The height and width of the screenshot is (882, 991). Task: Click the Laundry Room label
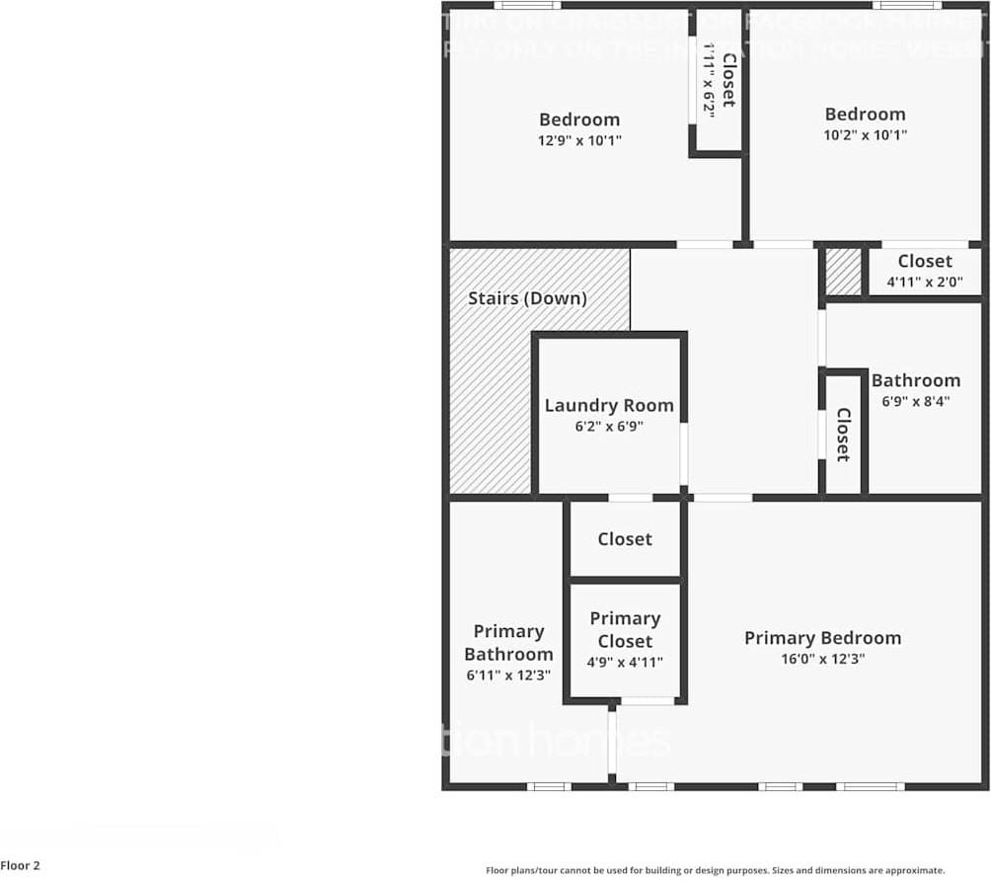[609, 405]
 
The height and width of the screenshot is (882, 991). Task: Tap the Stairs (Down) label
[527, 298]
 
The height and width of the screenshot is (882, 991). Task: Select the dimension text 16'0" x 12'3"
[821, 660]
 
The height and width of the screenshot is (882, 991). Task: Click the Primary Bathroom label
[508, 642]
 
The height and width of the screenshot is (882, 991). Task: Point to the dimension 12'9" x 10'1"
[579, 140]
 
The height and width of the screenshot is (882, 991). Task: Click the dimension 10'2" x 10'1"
[865, 135]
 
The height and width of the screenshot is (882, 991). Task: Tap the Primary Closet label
[625, 629]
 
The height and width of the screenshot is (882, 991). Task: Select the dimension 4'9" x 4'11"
[625, 663]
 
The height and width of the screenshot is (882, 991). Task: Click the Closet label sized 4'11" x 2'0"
[925, 261]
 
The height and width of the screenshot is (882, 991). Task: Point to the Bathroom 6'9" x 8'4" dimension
[915, 402]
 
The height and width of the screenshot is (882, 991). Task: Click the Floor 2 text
[21, 866]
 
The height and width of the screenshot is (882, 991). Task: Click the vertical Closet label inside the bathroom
[843, 435]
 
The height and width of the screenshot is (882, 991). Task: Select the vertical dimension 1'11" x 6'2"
[709, 79]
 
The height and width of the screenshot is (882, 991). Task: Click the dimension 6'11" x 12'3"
[508, 676]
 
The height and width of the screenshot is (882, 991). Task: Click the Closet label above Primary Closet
[625, 539]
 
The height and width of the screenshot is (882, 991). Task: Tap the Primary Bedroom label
[822, 638]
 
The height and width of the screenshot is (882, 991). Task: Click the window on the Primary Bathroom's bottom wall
[549, 786]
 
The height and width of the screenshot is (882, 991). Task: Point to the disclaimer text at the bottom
[715, 870]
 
